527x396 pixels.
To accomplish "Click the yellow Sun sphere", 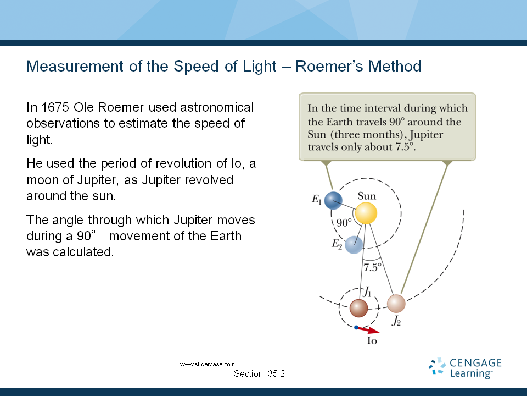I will (x=366, y=213).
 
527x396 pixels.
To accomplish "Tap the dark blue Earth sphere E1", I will (x=333, y=200).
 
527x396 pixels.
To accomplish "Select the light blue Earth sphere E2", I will (x=354, y=244).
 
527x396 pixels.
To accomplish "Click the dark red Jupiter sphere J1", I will (x=358, y=307).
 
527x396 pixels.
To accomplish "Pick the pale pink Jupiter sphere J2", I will (x=396, y=304).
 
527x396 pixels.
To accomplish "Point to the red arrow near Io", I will (x=369, y=330).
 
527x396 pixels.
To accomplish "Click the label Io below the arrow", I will (x=372, y=341).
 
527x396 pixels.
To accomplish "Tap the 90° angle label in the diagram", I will (x=344, y=223).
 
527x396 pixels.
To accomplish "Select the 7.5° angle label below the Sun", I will (x=373, y=268).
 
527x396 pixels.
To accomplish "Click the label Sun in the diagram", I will (x=367, y=196).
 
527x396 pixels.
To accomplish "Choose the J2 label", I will (x=396, y=322).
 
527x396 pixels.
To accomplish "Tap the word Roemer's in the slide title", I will (x=328, y=67).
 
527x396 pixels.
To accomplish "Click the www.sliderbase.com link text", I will (x=208, y=364).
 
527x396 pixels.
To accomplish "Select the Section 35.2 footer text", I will (x=259, y=374).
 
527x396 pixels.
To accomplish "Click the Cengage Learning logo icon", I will (x=437, y=367).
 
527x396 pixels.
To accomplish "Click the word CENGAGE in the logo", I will (x=475, y=362).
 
